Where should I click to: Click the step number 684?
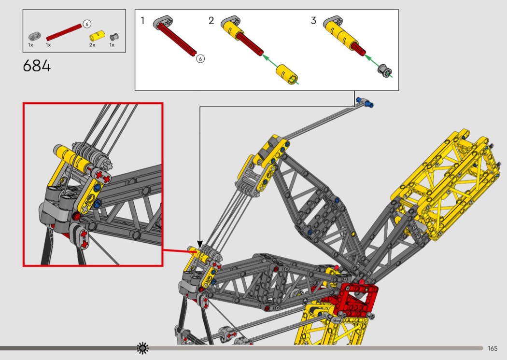pos(37,66)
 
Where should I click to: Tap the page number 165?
pos(493,348)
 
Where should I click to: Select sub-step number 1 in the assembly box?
pos(142,21)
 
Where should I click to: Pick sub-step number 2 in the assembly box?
pos(211,21)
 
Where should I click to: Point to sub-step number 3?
pos(313,21)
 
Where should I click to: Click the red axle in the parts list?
pos(64,32)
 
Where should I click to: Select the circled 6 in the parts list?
pos(86,24)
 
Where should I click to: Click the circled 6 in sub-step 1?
pos(200,58)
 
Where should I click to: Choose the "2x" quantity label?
pos(92,45)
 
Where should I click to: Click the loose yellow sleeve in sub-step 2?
pos(287,74)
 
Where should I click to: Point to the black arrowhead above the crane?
pos(200,245)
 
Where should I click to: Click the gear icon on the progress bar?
pos(142,348)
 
